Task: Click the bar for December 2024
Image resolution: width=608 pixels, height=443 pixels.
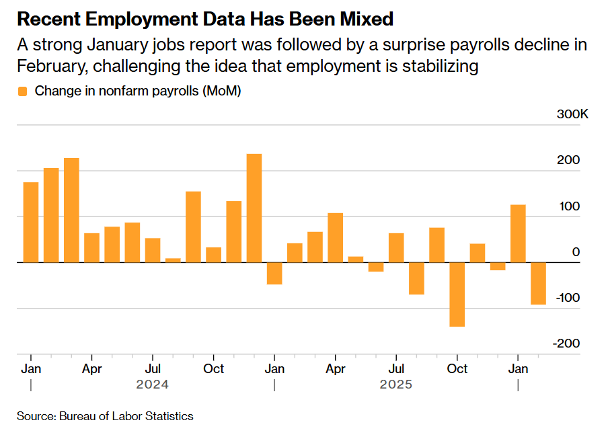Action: pyautogui.click(x=254, y=208)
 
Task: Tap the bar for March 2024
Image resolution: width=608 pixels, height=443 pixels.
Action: pyautogui.click(x=71, y=210)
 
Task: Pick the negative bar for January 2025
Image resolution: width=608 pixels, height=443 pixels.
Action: pyautogui.click(x=274, y=274)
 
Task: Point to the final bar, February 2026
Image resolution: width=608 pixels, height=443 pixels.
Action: pyautogui.click(x=538, y=284)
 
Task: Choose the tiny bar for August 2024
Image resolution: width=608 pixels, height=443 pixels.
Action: pyautogui.click(x=173, y=260)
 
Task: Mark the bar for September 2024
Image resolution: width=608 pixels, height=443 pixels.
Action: pyautogui.click(x=193, y=227)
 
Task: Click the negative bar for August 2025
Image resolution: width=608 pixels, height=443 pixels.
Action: pyautogui.click(x=416, y=278)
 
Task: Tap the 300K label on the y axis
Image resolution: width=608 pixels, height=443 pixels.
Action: pyautogui.click(x=572, y=115)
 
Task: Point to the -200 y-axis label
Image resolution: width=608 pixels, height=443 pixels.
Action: pyautogui.click(x=567, y=344)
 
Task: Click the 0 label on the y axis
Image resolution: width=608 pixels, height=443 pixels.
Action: pyautogui.click(x=576, y=252)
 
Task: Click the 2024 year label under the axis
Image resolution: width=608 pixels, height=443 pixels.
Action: pyautogui.click(x=153, y=385)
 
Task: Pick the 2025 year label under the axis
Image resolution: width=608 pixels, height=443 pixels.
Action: pyautogui.click(x=396, y=385)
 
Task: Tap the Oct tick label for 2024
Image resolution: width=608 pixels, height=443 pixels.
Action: pyautogui.click(x=214, y=368)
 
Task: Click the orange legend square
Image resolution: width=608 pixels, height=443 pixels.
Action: pyautogui.click(x=23, y=91)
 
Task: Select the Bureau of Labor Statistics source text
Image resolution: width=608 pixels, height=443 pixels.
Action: pyautogui.click(x=126, y=416)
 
